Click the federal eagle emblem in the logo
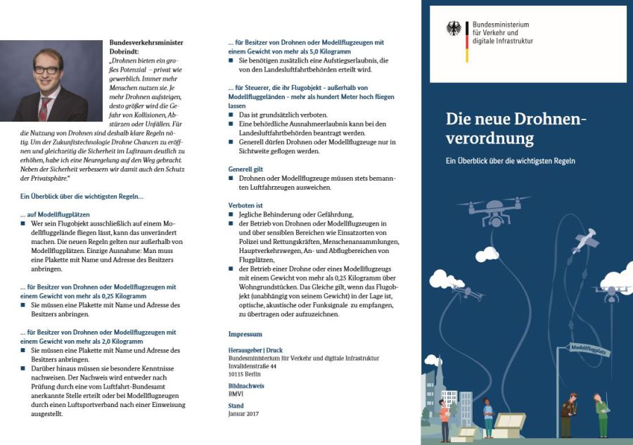[x=454, y=29]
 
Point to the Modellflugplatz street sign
[x=589, y=349]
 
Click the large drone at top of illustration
[x=493, y=208]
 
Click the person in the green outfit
[x=601, y=415]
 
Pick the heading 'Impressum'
[x=245, y=333]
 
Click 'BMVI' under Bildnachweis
[x=236, y=394]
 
